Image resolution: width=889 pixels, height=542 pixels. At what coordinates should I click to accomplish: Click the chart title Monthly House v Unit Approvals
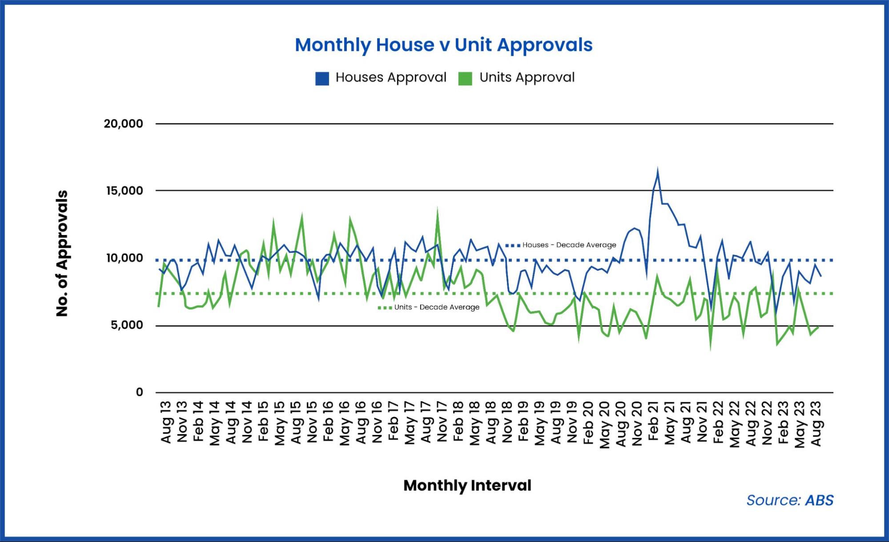443,45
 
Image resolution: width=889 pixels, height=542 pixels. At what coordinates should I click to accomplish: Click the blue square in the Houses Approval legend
322,78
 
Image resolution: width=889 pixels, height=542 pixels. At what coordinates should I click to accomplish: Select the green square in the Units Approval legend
465,78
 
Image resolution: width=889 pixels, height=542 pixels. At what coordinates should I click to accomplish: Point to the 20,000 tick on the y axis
123,124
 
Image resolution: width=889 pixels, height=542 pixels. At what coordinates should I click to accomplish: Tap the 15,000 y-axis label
124,191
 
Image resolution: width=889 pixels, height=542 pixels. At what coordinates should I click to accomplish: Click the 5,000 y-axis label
127,325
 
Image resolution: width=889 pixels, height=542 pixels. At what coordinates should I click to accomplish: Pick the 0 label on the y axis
139,392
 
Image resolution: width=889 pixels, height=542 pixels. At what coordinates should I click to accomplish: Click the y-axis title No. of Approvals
62,253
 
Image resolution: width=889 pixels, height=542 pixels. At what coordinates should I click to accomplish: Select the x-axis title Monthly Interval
467,485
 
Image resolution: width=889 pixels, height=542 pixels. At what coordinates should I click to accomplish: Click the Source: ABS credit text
789,500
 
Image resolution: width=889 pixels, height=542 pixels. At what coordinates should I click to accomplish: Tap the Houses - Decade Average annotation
569,245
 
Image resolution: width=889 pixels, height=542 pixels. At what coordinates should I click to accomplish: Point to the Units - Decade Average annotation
436,307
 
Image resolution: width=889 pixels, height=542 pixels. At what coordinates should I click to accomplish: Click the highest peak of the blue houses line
657,170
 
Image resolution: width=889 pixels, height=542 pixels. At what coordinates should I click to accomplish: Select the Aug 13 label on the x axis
165,422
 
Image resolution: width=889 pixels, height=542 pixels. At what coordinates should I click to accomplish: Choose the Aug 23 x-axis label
816,423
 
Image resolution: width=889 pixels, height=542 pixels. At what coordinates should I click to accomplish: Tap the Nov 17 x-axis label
442,422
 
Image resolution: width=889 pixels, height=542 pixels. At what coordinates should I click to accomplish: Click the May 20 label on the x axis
604,424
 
